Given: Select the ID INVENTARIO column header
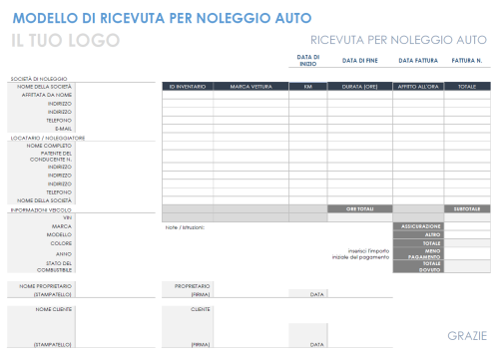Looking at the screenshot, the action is (x=187, y=87).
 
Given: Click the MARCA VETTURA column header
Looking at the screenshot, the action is (x=250, y=87).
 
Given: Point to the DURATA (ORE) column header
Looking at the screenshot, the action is (x=359, y=87).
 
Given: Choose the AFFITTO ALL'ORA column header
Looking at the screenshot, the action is (x=417, y=87).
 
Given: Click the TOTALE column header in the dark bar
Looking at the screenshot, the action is (x=466, y=87).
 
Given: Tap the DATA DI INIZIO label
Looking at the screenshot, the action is (x=308, y=60).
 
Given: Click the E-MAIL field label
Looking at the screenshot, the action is (x=63, y=129).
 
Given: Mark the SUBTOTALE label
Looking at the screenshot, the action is (x=466, y=208).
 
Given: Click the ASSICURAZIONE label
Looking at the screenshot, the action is (x=420, y=226).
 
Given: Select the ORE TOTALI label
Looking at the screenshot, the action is (x=359, y=208).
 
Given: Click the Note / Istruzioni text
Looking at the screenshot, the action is (x=185, y=226).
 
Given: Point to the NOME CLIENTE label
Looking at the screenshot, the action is (x=54, y=310).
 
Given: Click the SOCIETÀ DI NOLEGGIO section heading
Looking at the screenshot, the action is (x=39, y=78).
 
